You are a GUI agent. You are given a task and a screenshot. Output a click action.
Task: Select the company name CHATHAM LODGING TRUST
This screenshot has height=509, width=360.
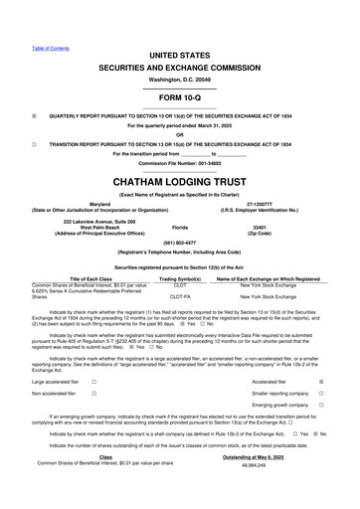coord(180,181)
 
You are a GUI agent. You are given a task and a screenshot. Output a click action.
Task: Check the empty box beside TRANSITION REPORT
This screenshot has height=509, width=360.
coord(35,143)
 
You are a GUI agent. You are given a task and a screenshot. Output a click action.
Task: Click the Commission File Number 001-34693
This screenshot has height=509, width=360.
coord(180,162)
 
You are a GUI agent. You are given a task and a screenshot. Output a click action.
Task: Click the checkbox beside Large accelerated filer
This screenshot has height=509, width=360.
coord(92,382)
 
